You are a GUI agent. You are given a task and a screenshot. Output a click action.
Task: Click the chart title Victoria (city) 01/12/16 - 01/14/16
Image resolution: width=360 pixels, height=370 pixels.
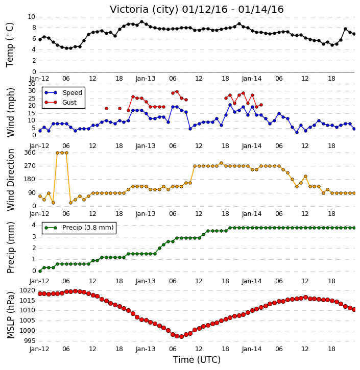tap(197, 9)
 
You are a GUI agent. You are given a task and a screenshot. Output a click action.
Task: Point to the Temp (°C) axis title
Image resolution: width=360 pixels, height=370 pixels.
tap(10, 45)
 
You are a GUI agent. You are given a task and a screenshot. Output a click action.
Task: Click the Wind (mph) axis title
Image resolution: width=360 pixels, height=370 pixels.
tap(10, 112)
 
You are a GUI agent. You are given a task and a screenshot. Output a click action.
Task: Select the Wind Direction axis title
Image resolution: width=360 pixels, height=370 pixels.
tap(10, 180)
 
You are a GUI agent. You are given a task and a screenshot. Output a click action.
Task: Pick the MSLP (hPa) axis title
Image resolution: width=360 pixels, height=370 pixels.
tap(10, 315)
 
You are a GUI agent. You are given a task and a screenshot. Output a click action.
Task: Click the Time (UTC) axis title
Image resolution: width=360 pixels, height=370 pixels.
tap(197, 360)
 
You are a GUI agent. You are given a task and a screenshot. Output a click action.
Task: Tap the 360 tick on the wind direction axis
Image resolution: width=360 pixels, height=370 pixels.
tap(30, 153)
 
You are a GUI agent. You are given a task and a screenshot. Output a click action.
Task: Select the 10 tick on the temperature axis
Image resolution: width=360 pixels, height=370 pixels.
tap(31, 17)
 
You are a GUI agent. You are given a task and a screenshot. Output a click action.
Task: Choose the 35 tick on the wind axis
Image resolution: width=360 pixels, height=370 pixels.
tap(32, 84)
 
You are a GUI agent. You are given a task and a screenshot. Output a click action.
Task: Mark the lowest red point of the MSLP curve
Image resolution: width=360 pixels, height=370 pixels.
tap(181, 336)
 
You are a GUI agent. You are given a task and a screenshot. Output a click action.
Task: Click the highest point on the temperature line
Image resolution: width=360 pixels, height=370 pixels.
tap(141, 22)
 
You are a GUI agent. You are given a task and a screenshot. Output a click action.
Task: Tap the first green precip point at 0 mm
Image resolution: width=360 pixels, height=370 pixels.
tap(40, 271)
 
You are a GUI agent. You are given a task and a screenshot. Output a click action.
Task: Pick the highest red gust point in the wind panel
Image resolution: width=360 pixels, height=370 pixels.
tap(177, 91)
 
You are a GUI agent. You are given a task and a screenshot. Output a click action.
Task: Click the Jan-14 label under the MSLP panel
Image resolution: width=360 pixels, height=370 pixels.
tap(252, 349)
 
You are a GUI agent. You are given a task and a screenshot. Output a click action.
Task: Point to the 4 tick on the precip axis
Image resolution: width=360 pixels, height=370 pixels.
tap(34, 225)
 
